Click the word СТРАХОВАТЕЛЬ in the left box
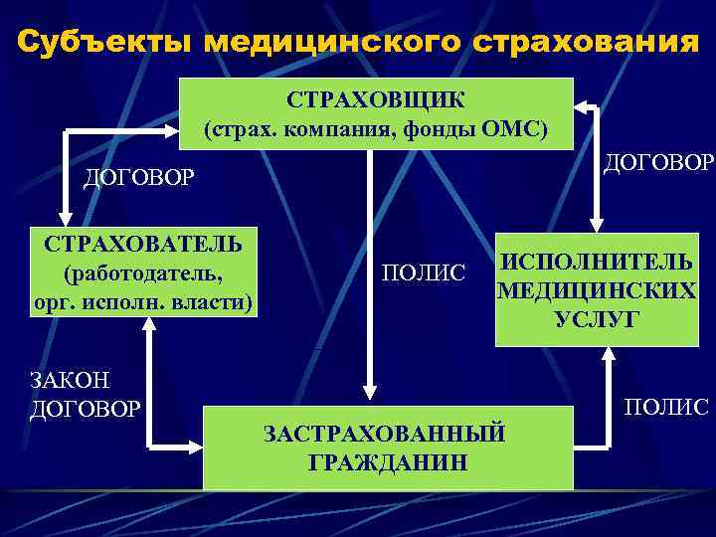145,245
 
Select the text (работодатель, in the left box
142,272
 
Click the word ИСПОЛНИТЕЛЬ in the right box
596,263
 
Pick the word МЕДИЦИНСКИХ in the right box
597,291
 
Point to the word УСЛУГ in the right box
597,319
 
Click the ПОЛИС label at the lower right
665,407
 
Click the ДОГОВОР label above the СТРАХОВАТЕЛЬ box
139,178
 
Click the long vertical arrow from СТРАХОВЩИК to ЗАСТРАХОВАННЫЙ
369,268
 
